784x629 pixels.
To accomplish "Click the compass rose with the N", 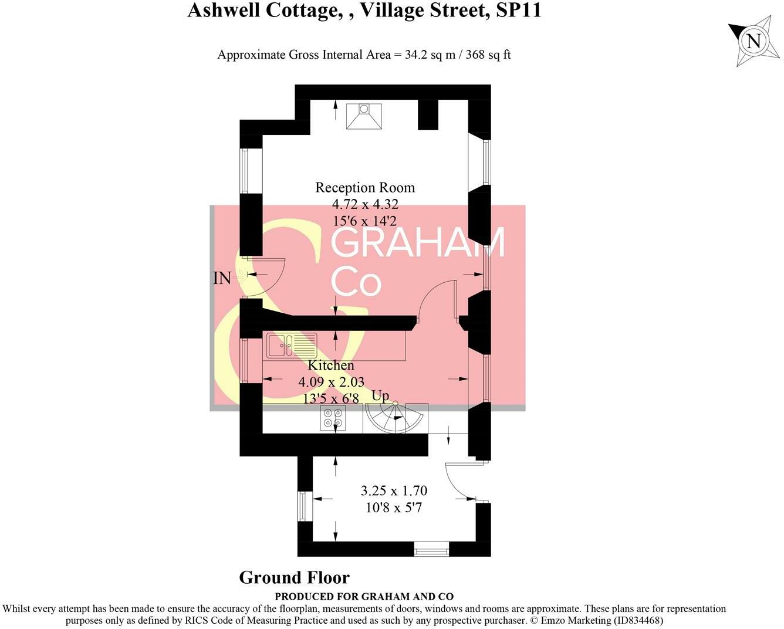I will (x=753, y=40).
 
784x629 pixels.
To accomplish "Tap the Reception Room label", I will (x=365, y=188).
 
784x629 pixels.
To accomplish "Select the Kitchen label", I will (x=331, y=365).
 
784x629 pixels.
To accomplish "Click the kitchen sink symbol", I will (x=292, y=345).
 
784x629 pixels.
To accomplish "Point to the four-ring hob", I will (x=333, y=418).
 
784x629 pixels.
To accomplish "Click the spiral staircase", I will (x=395, y=418).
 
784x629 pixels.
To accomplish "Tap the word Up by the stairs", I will (x=380, y=396).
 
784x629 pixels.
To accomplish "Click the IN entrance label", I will (x=222, y=278).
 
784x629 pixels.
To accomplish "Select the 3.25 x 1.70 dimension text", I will (x=394, y=491).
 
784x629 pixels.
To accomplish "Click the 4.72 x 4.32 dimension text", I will (x=365, y=205).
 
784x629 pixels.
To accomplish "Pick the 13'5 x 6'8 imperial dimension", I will (x=331, y=398).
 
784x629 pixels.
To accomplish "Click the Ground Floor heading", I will (x=294, y=578).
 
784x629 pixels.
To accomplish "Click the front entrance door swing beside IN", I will (x=267, y=276).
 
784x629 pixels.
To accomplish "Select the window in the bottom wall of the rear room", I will (x=431, y=549).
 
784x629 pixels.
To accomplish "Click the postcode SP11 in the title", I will (x=518, y=10).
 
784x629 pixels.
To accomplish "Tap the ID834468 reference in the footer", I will (x=637, y=620).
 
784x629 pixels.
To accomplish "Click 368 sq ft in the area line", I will (x=488, y=55).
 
